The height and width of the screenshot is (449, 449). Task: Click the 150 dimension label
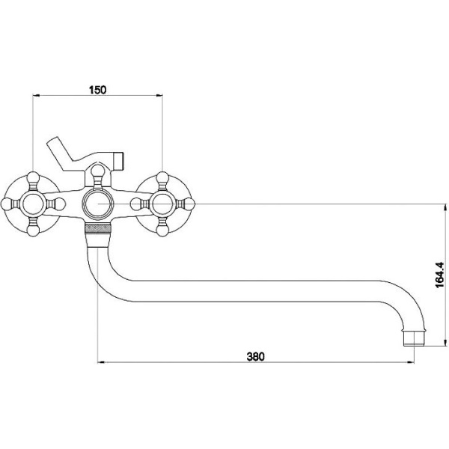click(97, 90)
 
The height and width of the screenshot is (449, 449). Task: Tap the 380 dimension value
click(256, 356)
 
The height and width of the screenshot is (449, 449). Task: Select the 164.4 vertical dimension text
click(439, 275)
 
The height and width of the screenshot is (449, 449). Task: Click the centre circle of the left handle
click(33, 204)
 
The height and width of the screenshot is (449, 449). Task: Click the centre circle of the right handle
click(162, 204)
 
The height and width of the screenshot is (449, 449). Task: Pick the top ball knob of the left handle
click(33, 177)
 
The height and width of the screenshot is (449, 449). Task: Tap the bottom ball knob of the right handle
click(162, 230)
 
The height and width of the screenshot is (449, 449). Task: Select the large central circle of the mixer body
click(98, 204)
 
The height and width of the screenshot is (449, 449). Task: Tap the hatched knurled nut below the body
click(98, 229)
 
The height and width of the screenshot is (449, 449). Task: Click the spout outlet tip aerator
click(414, 338)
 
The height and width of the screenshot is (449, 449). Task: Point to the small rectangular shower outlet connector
click(119, 160)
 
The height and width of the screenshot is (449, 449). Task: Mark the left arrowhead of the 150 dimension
click(35, 96)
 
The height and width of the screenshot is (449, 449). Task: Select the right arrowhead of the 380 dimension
click(411, 362)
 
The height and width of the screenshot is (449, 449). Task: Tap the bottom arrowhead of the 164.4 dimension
click(445, 343)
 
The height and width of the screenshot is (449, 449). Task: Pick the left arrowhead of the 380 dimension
click(101, 362)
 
